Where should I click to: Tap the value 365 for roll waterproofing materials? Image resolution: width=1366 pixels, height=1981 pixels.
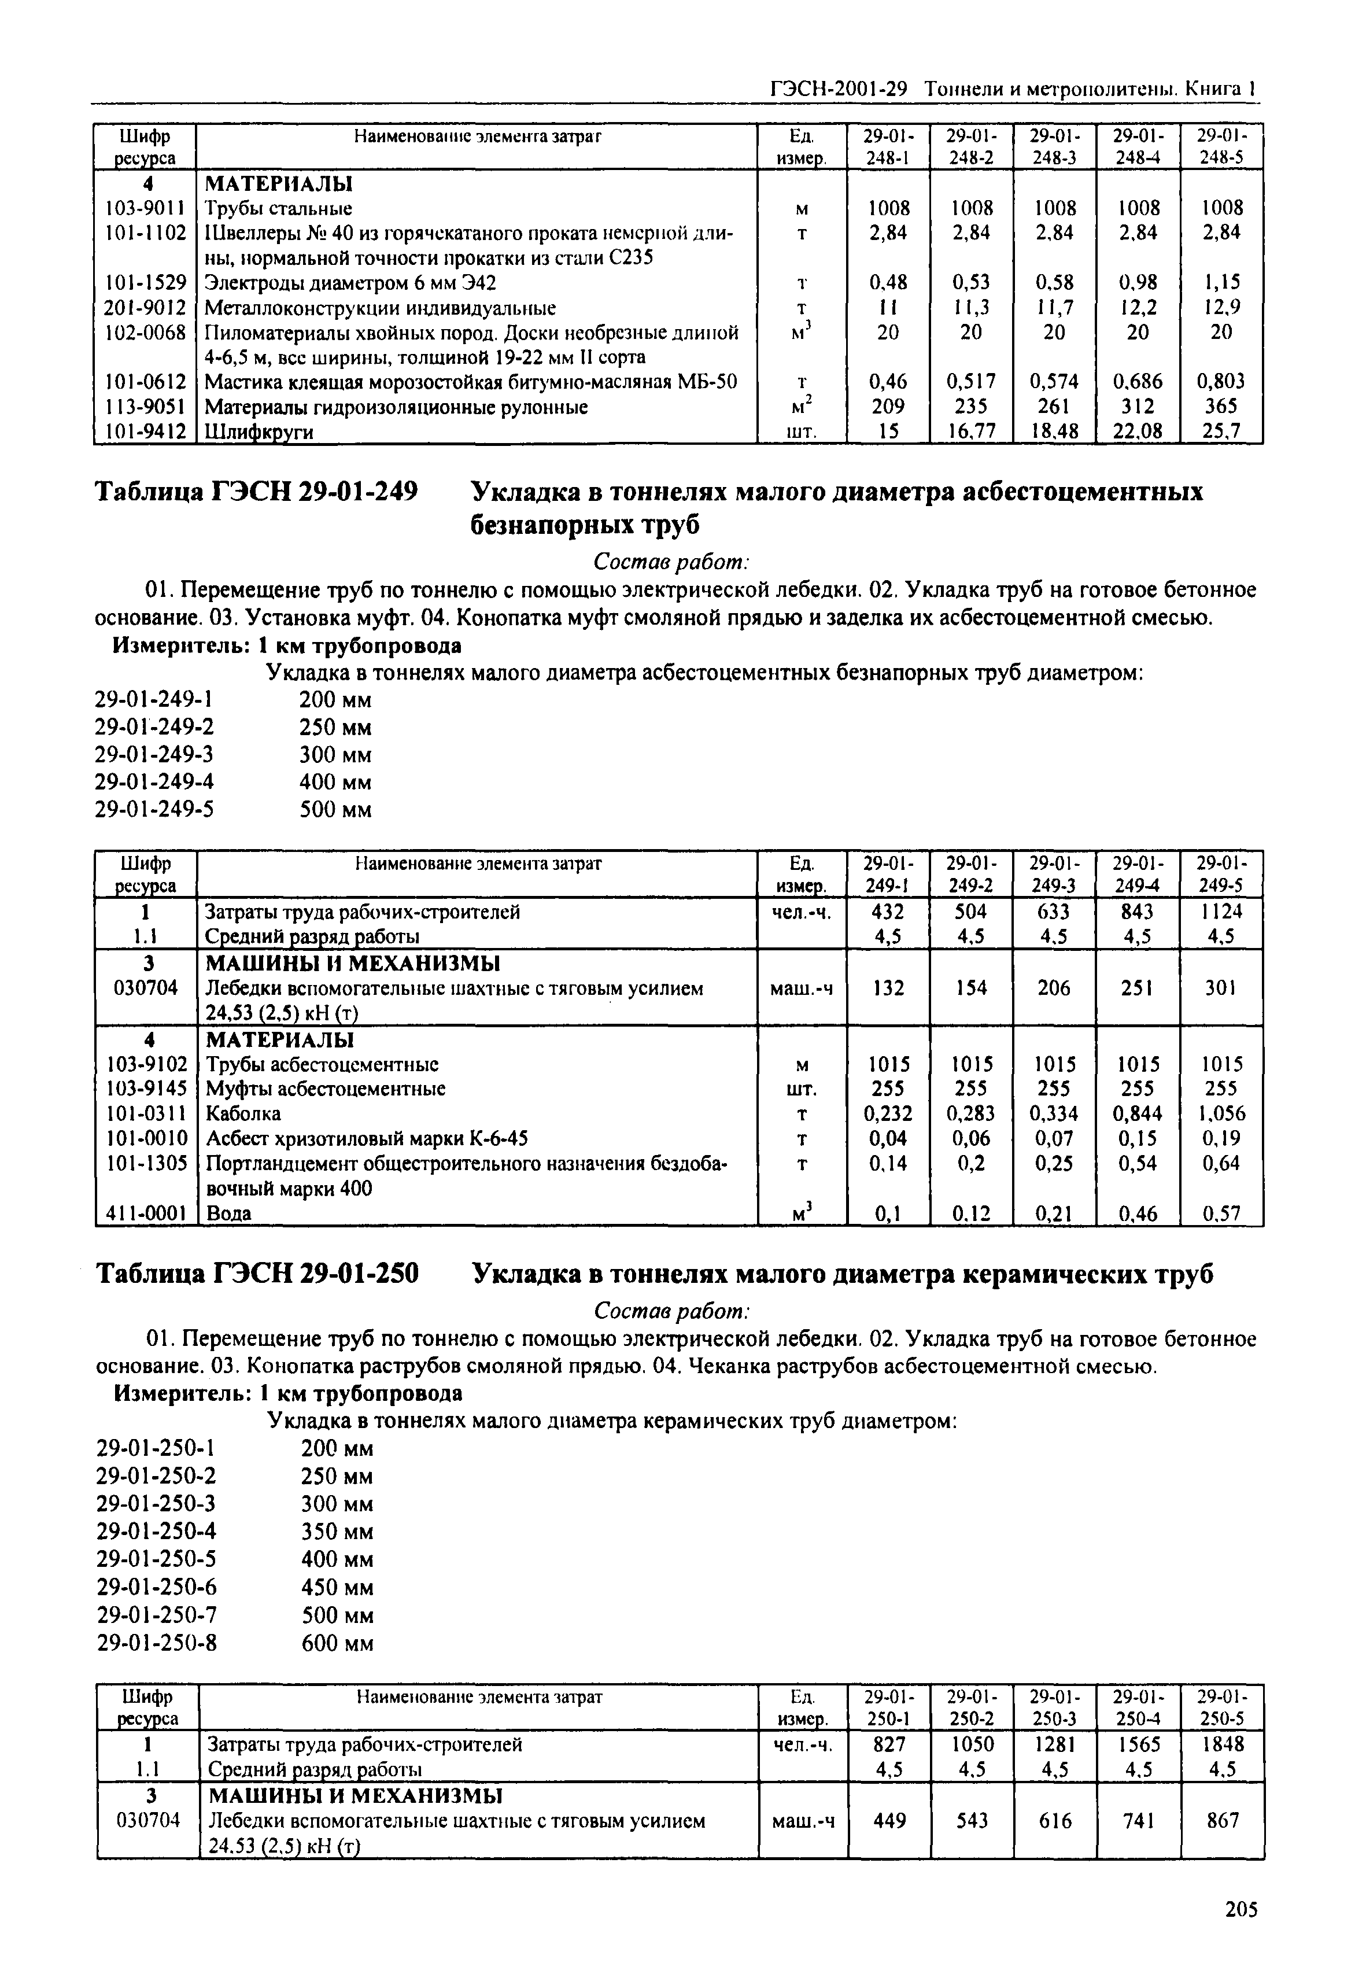pos(1221,407)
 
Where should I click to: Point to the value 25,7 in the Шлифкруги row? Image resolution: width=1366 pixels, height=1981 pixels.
pos(1221,431)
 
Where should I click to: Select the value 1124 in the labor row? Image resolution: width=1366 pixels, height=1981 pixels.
pos(1221,912)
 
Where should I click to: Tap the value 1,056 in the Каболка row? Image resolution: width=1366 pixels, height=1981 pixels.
pos(1221,1114)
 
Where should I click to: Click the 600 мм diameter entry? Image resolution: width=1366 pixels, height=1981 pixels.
pos(337,1644)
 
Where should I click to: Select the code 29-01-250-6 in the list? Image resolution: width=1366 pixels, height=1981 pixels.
pos(156,1588)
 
